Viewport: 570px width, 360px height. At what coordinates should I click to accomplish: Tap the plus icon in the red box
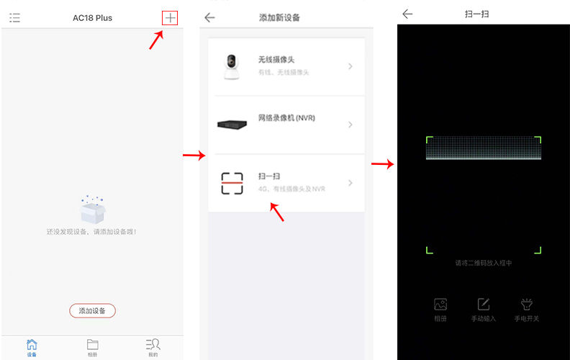click(x=170, y=18)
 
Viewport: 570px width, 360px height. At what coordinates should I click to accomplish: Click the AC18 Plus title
click(x=93, y=18)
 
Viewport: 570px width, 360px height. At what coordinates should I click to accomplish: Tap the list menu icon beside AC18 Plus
click(x=14, y=18)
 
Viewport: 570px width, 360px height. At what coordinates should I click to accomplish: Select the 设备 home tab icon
click(x=32, y=345)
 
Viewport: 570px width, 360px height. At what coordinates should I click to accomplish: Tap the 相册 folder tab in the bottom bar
click(x=92, y=345)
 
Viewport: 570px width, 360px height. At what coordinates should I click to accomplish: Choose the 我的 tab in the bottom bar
click(x=153, y=345)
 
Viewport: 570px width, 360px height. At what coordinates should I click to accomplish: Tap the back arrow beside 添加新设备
click(x=209, y=18)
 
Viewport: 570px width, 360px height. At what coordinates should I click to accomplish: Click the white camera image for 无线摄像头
click(x=232, y=66)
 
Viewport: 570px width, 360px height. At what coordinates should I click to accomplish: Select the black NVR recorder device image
click(x=232, y=125)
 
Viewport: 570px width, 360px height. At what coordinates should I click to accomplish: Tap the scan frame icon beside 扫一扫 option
click(x=232, y=183)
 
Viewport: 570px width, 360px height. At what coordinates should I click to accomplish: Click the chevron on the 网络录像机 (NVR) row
click(x=350, y=125)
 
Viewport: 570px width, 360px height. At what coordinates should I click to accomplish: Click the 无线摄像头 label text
click(x=276, y=60)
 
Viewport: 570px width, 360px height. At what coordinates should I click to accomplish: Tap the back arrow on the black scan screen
click(x=407, y=14)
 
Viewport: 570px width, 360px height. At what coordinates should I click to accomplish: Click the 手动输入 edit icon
click(x=484, y=305)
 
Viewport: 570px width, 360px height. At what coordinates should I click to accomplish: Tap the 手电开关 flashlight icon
click(x=526, y=305)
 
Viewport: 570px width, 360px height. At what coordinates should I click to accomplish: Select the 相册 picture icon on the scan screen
click(x=440, y=305)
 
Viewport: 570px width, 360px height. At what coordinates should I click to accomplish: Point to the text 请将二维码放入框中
click(x=484, y=264)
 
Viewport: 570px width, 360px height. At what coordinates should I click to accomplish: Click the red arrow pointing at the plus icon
click(x=155, y=41)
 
